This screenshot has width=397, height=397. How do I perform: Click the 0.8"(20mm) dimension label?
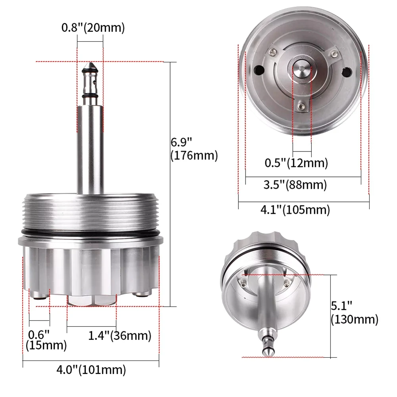click(x=93, y=28)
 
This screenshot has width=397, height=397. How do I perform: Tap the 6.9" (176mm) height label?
click(x=194, y=149)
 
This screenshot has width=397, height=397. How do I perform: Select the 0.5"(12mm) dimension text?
click(x=296, y=163)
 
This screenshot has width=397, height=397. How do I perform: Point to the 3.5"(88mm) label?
click(x=296, y=184)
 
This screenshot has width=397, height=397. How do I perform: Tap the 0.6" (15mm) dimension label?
click(x=46, y=339)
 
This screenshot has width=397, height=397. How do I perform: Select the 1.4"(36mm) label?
click(x=119, y=336)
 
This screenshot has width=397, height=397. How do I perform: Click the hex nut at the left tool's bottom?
click(x=92, y=300)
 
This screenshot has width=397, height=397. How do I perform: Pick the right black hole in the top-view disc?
click(x=347, y=72)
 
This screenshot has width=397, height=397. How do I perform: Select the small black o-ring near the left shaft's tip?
click(x=90, y=96)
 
